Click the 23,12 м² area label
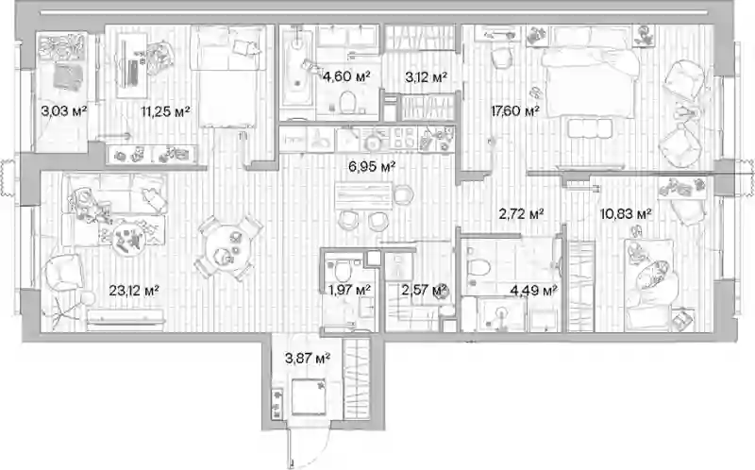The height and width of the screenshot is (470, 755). click(134, 291)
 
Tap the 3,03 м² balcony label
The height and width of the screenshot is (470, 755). click(64, 111)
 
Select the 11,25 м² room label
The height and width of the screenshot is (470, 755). click(165, 111)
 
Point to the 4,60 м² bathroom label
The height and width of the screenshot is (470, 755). click(346, 76)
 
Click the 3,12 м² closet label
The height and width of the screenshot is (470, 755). click(427, 76)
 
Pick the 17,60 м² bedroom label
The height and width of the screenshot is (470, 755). click(514, 111)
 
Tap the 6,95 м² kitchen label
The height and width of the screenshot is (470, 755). click(372, 167)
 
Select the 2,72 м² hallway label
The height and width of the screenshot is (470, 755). click(522, 213)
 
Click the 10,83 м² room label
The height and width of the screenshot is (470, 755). click(626, 213)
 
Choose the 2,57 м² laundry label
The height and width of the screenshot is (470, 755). click(424, 290)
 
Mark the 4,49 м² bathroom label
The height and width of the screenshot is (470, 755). click(533, 290)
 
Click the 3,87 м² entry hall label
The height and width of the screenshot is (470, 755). click(308, 359)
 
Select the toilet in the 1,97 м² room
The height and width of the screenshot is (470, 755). click(343, 271)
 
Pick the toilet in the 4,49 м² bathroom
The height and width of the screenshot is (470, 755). click(478, 266)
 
